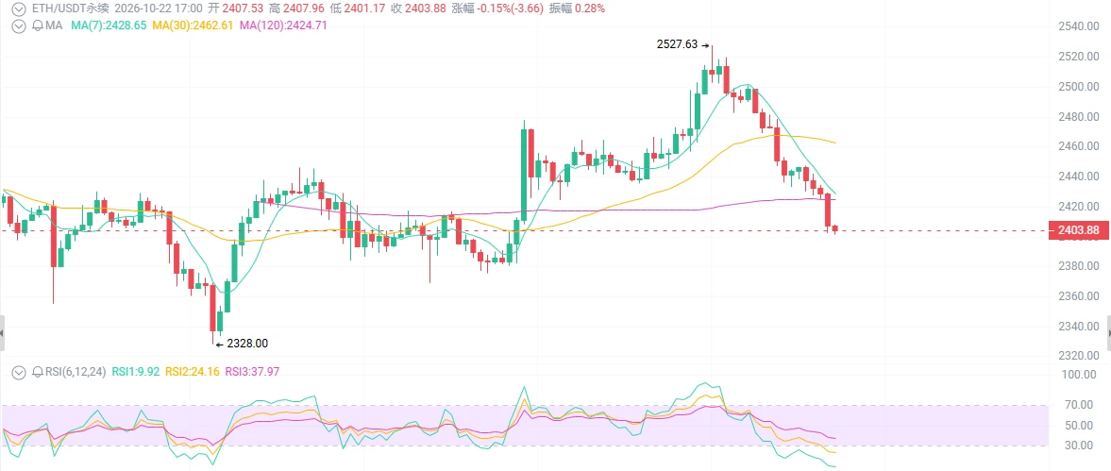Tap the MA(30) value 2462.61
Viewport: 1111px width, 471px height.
[x=213, y=25]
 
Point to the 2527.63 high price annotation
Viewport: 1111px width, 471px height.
[x=677, y=44]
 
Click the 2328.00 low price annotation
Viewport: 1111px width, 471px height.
[x=247, y=344]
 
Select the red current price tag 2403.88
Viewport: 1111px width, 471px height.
[x=1078, y=231]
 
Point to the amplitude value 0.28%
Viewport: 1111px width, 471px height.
[x=591, y=9]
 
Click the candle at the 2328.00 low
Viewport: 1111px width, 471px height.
[x=212, y=311]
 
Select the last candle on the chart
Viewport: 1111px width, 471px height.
[x=834, y=228]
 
